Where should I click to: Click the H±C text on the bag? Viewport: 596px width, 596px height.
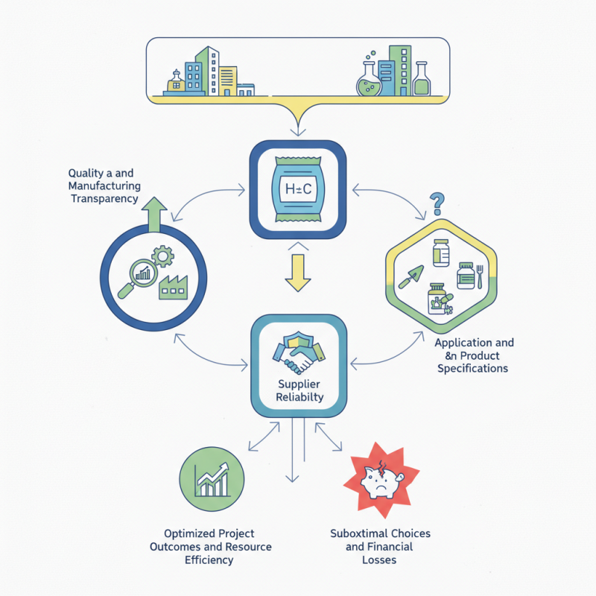pyautogui.click(x=298, y=189)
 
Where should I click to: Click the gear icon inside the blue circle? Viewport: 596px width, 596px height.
pyautogui.click(x=162, y=258)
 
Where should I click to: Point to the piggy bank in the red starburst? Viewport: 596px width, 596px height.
pyautogui.click(x=381, y=481)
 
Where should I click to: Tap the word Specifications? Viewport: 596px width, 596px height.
pyautogui.click(x=473, y=369)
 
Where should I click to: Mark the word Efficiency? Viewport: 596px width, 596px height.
pyautogui.click(x=209, y=559)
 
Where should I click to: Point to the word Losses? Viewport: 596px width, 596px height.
pyautogui.click(x=380, y=559)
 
